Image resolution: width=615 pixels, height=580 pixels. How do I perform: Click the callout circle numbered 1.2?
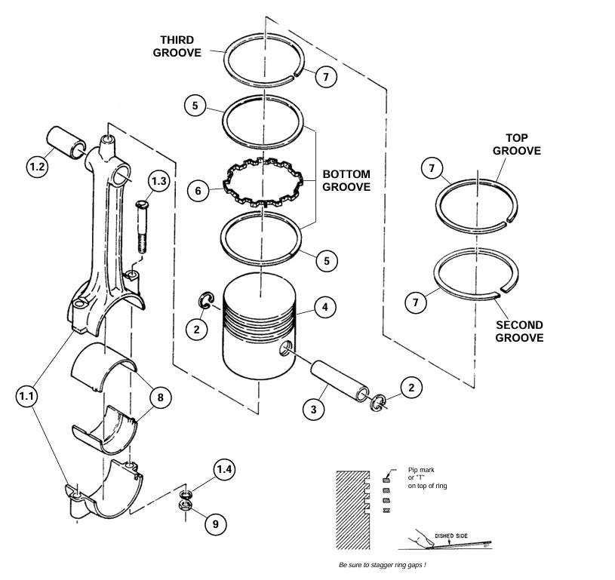click(38, 167)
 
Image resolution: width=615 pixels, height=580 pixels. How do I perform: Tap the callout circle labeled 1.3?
click(158, 182)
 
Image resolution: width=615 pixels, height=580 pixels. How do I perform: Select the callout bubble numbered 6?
click(198, 191)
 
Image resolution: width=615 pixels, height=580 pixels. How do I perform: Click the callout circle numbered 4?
click(324, 307)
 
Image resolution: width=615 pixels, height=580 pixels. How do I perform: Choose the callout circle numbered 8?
click(159, 397)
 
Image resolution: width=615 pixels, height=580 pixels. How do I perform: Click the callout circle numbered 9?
click(215, 523)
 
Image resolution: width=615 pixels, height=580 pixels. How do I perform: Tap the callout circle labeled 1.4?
click(225, 470)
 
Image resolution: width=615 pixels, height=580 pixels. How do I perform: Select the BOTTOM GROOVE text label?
click(346, 180)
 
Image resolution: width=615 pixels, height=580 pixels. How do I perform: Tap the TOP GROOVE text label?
click(517, 144)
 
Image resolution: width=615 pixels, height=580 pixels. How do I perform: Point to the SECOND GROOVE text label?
click(519, 331)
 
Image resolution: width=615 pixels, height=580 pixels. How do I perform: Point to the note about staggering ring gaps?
click(388, 564)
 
